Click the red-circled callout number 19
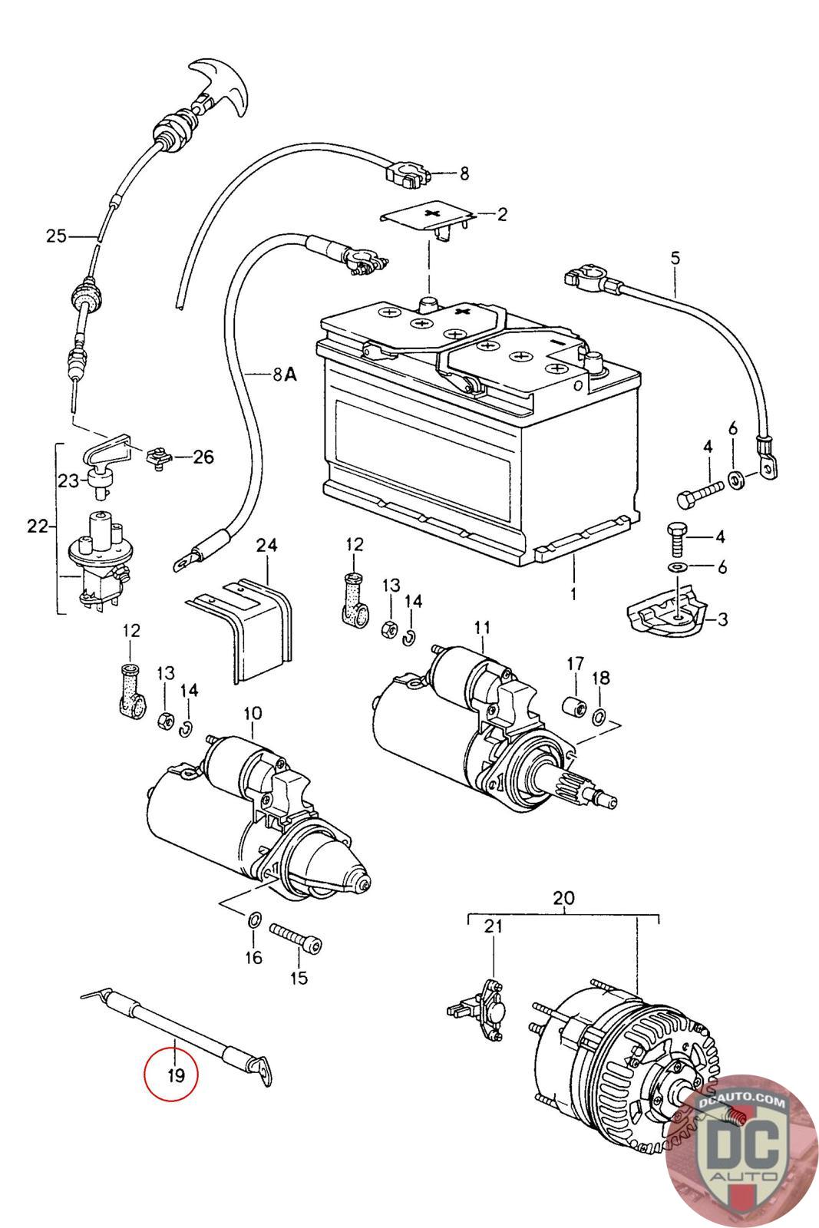(x=176, y=1074)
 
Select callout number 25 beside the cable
(x=57, y=236)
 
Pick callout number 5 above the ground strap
(x=675, y=258)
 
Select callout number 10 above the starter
(x=253, y=714)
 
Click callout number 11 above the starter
(x=481, y=627)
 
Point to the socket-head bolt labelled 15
(x=296, y=938)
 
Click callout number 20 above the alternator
(x=563, y=897)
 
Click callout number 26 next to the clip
(x=203, y=458)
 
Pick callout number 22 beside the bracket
(x=37, y=527)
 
